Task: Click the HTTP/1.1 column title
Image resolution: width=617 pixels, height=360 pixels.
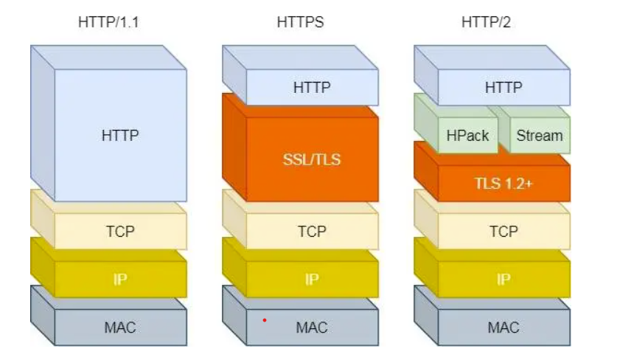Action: pos(108,22)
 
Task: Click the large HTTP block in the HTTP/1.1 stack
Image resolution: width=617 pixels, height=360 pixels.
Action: pos(120,136)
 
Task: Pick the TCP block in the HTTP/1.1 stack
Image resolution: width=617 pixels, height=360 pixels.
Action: pos(120,231)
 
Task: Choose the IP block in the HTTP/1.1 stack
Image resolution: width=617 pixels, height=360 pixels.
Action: pos(120,280)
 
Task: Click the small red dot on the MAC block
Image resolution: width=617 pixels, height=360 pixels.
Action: pos(264,320)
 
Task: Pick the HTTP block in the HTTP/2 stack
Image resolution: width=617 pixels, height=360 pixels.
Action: pos(503,87)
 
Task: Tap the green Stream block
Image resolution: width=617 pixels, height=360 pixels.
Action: pos(539,135)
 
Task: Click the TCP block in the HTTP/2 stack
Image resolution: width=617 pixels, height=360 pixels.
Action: pos(503,231)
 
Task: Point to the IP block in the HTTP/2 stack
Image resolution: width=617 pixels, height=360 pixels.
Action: pos(503,280)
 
